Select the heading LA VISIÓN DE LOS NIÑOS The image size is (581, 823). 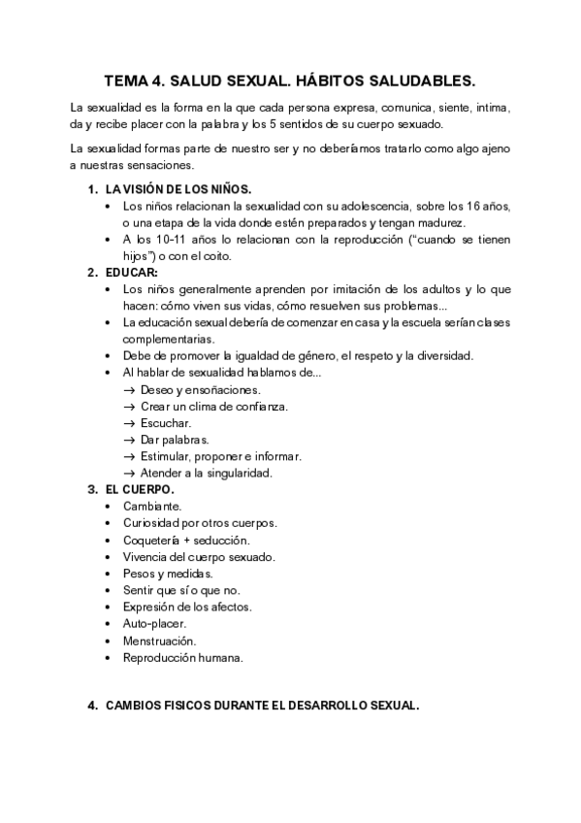(180, 188)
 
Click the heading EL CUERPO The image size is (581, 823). (141, 490)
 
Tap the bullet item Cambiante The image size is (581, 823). (151, 507)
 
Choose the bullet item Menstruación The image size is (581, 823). (159, 641)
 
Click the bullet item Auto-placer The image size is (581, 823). (154, 623)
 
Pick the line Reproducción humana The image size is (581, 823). (182, 657)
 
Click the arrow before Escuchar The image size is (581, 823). (129, 423)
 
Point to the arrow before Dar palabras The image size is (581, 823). (129, 440)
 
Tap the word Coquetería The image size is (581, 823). (150, 540)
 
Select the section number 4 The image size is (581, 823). (92, 706)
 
